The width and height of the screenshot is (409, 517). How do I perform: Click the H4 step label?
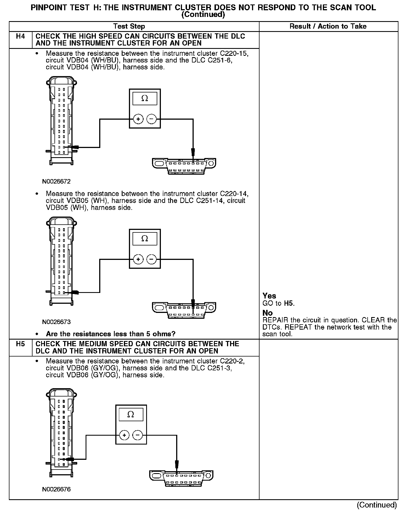(x=21, y=36)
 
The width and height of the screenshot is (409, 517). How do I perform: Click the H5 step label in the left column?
(x=21, y=344)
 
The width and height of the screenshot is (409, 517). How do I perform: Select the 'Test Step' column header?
(x=129, y=26)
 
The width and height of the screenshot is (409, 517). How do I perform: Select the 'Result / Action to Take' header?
(x=328, y=26)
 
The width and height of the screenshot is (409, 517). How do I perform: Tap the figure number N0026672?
(x=56, y=182)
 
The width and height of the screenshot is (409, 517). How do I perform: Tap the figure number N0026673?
(x=56, y=322)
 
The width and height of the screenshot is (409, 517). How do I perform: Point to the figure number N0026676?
(x=56, y=489)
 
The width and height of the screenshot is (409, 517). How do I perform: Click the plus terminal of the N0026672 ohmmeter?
(x=138, y=119)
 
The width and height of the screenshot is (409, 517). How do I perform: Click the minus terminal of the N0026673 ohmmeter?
(x=151, y=260)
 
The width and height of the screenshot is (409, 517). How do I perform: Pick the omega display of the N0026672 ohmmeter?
(x=145, y=99)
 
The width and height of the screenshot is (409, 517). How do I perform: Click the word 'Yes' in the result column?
(x=269, y=296)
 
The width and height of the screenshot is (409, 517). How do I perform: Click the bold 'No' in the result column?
(x=268, y=313)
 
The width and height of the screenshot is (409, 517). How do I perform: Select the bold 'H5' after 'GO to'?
(x=289, y=303)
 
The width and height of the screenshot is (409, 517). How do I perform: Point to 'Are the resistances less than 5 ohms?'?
(x=111, y=334)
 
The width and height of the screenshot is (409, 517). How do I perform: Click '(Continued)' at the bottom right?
(x=377, y=505)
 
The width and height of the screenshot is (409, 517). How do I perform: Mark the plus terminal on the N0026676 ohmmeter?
(x=124, y=435)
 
